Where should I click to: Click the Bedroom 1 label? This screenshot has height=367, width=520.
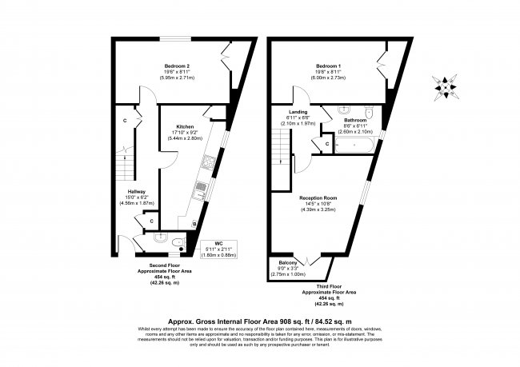click(328, 66)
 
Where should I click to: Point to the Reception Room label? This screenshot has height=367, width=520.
click(317, 197)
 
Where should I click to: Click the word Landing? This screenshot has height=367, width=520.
click(298, 112)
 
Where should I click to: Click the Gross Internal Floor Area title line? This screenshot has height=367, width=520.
click(260, 317)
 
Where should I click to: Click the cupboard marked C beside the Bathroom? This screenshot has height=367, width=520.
click(328, 144)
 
